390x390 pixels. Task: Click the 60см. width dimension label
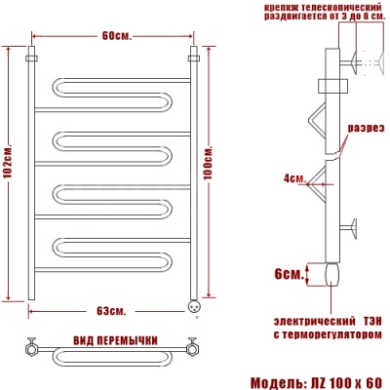click(117, 35)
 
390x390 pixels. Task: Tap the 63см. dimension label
click(111, 311)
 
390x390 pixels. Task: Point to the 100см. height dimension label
click(209, 163)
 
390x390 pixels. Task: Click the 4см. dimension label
click(295, 178)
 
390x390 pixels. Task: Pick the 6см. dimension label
click(289, 274)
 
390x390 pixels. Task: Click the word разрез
click(367, 128)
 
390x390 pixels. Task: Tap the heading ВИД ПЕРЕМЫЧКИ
click(116, 340)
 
